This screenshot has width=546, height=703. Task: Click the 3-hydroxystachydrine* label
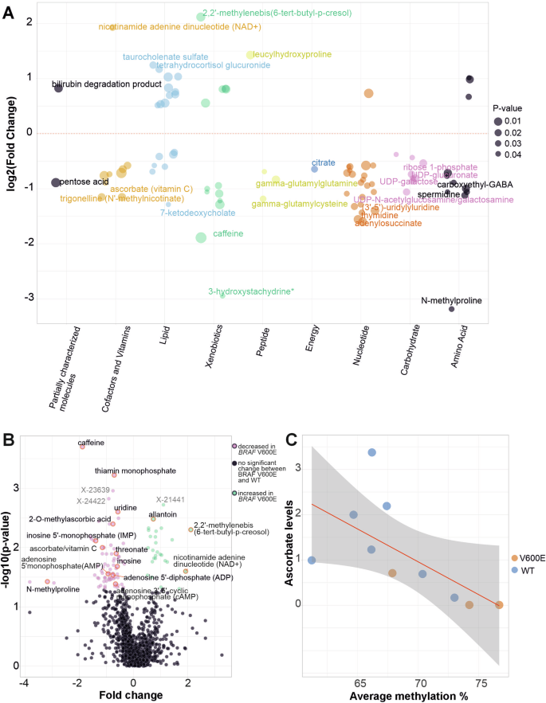[x=251, y=291]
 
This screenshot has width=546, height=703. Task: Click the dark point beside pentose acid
[x=56, y=182]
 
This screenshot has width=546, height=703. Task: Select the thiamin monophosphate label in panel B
[x=123, y=471]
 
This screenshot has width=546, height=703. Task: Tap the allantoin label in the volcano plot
[x=163, y=515]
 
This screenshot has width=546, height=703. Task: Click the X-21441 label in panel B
[x=171, y=499]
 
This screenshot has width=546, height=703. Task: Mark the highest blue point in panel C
[x=371, y=452]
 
